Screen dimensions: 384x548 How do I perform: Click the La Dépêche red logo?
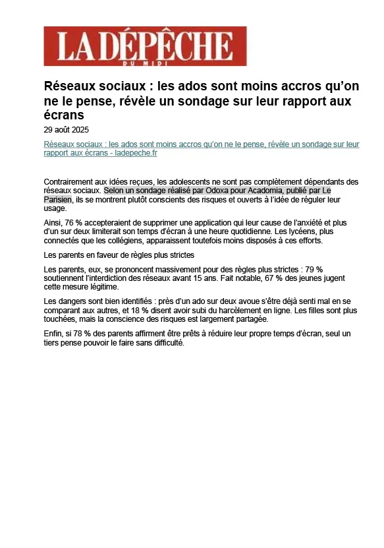[145, 46]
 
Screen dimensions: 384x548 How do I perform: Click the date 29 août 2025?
[67, 130]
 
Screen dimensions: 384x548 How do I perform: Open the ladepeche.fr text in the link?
[136, 153]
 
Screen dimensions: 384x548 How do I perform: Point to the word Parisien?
[57, 199]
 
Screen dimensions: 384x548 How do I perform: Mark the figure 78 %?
[82, 334]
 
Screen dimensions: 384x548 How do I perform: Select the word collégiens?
[140, 241]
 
